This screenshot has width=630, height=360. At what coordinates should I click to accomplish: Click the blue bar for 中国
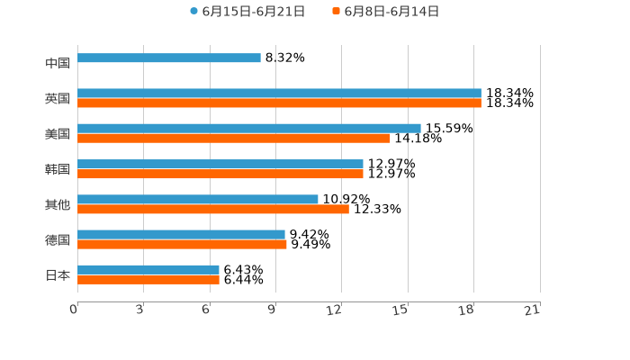pyautogui.click(x=169, y=58)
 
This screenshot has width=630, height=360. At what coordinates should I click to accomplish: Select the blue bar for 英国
pyautogui.click(x=279, y=94)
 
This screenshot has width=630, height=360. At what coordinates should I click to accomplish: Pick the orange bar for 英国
pyautogui.click(x=279, y=103)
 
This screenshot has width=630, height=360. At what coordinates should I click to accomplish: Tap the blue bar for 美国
pyautogui.click(x=249, y=129)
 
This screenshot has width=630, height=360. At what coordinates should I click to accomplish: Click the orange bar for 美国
pyautogui.click(x=234, y=139)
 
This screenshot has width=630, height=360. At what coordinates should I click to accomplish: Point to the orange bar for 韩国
pyautogui.click(x=220, y=174)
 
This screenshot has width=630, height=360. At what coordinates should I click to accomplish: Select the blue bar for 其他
pyautogui.click(x=198, y=199)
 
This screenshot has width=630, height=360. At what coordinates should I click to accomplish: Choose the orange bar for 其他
pyautogui.click(x=213, y=209)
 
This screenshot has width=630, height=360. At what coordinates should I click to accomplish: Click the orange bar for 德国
pyautogui.click(x=182, y=244)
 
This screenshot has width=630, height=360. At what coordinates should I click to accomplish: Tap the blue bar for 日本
pyautogui.click(x=148, y=269)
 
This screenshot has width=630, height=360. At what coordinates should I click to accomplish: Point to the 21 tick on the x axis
pyautogui.click(x=533, y=310)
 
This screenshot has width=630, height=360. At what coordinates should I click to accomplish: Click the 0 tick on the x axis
pyautogui.click(x=74, y=310)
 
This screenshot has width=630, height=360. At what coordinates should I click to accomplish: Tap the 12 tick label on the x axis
pyautogui.click(x=335, y=310)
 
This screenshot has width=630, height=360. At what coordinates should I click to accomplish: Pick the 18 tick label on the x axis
pyautogui.click(x=466, y=310)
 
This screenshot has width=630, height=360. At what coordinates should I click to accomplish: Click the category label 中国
pyautogui.click(x=58, y=63)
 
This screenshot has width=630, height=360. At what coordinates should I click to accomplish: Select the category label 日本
pyautogui.click(x=58, y=274)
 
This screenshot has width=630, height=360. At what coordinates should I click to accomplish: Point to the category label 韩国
pyautogui.click(x=58, y=169)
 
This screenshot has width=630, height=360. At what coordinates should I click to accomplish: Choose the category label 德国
pyautogui.click(x=58, y=239)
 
